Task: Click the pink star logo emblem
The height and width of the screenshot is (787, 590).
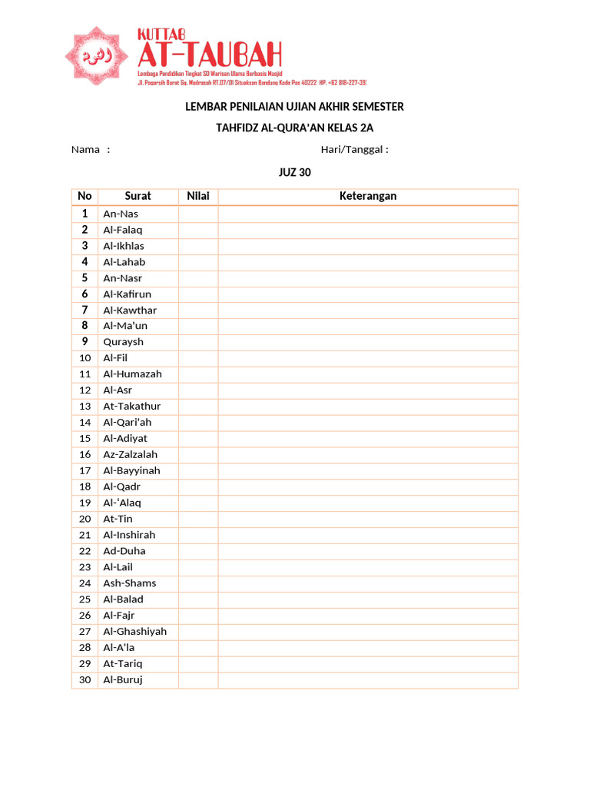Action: [98, 55]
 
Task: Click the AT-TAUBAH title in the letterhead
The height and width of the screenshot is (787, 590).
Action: [209, 56]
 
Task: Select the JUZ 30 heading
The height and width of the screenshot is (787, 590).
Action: [294, 172]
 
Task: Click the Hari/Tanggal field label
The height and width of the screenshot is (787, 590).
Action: [354, 149]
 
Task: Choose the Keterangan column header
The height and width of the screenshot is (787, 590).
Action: [368, 196]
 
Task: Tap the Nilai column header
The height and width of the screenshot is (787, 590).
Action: [198, 196]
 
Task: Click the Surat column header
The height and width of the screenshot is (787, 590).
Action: [138, 196]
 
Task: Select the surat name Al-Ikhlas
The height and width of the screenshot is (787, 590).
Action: [124, 246]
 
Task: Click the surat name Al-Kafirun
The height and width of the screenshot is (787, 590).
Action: [128, 294]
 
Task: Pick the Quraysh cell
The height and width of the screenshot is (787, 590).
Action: [123, 342]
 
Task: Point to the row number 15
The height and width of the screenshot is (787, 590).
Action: [85, 439]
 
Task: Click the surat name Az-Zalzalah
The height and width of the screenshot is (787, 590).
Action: [130, 455]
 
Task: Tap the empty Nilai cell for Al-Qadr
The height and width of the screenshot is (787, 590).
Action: [198, 486]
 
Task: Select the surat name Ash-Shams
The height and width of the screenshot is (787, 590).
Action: [129, 583]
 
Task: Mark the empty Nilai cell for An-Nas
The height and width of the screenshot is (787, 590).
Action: [198, 214]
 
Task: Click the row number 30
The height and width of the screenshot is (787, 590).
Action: [85, 680]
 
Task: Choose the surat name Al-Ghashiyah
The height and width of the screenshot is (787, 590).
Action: [134, 632]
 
